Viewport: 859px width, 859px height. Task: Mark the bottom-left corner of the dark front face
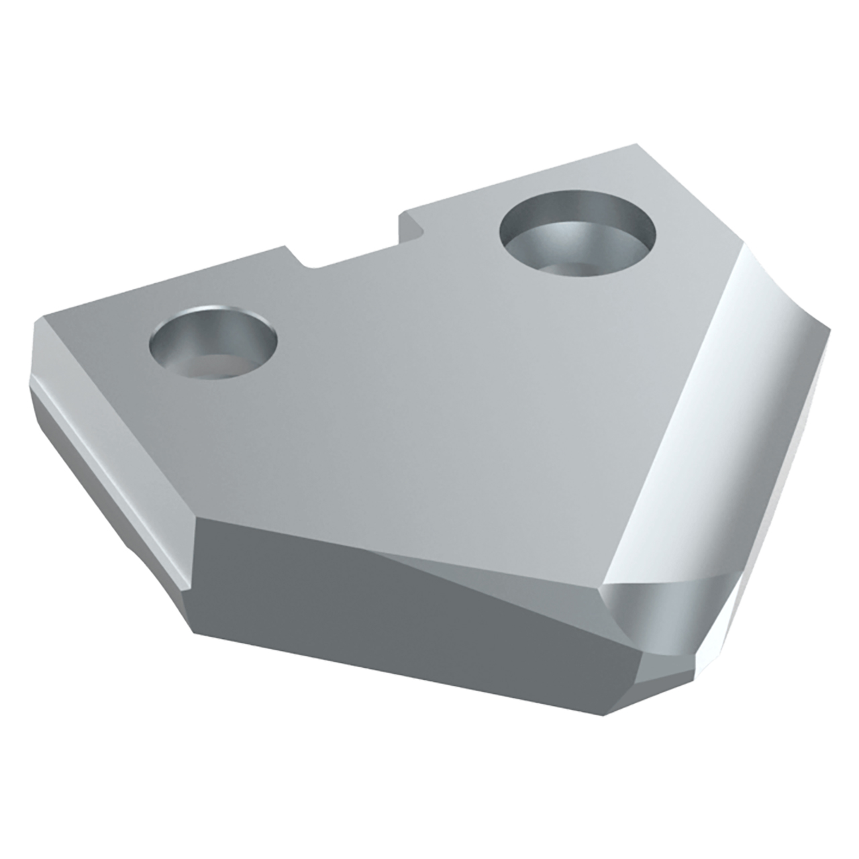195,631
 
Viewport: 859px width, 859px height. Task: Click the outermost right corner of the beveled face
829,329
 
